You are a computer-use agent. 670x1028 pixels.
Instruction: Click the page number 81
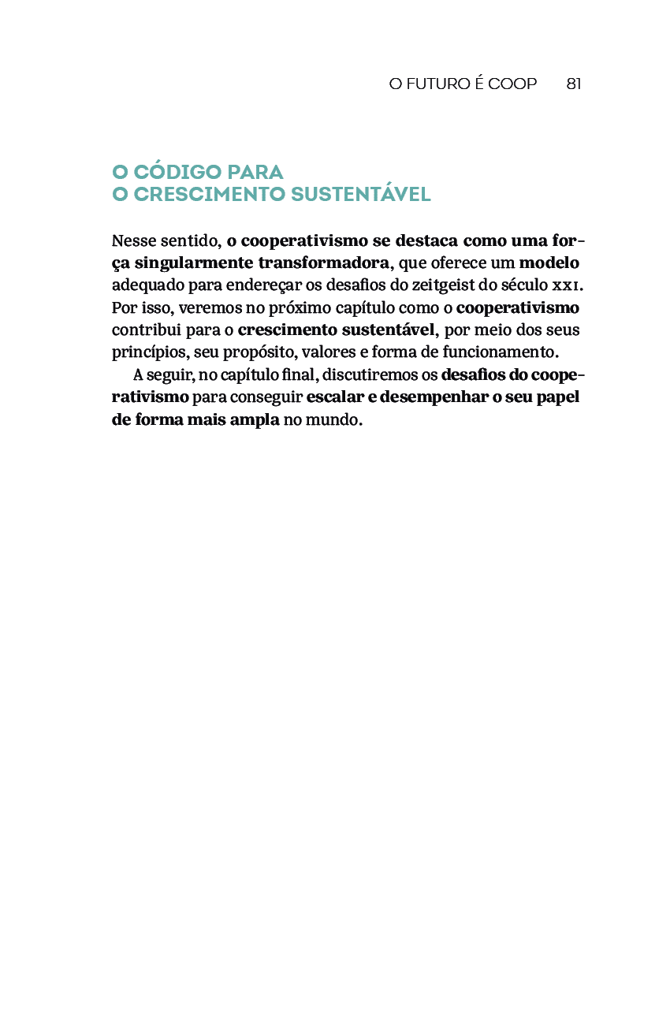tap(574, 84)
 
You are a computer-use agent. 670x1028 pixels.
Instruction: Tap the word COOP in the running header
tap(512, 84)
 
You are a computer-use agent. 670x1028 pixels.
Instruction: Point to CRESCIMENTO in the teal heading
tap(209, 195)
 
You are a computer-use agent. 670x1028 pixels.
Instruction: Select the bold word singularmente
tap(193, 263)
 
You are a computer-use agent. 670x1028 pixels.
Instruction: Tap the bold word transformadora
tap(324, 263)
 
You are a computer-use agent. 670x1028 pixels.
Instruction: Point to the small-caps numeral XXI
tap(566, 285)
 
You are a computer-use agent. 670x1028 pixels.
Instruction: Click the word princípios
tap(146, 352)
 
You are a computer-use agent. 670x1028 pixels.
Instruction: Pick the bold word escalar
tap(334, 397)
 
